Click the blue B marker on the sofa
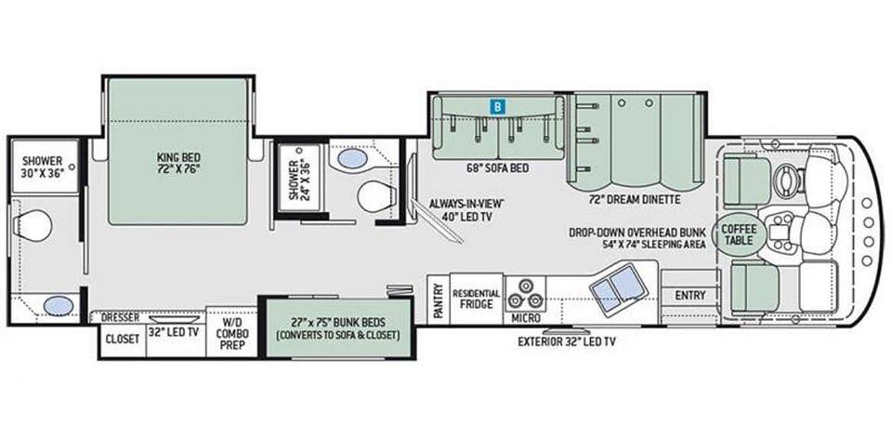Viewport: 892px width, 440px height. [x=497, y=106]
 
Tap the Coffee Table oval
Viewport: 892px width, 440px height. [x=739, y=234]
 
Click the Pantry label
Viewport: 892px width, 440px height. [x=438, y=299]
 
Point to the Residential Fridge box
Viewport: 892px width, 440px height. [x=477, y=299]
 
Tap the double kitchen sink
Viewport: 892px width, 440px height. [x=617, y=287]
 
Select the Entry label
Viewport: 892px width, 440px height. [x=690, y=296]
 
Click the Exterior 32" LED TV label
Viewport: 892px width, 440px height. [x=566, y=342]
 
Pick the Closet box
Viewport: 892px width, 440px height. [x=122, y=340]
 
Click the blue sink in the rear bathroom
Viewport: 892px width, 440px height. [x=58, y=307]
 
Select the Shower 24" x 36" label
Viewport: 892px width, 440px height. [x=298, y=180]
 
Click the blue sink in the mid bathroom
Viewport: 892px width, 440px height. [x=353, y=157]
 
